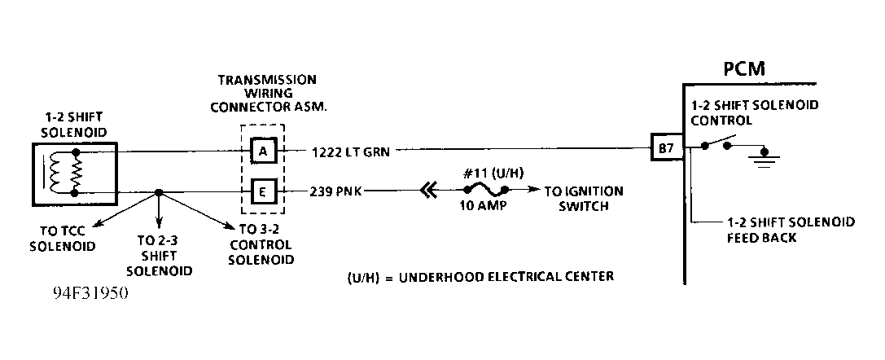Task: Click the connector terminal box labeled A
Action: (x=262, y=151)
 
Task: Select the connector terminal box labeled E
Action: (x=262, y=192)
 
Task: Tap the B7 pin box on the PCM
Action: (x=667, y=147)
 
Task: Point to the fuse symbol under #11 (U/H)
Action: (x=486, y=189)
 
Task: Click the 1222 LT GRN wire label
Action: (x=351, y=151)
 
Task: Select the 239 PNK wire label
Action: (x=335, y=191)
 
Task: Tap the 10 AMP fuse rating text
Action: (x=483, y=206)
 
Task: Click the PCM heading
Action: (x=745, y=69)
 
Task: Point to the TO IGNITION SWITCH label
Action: (x=584, y=198)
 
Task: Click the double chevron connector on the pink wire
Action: (x=429, y=192)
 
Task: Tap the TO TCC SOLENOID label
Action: (x=62, y=239)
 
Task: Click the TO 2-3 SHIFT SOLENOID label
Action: (x=159, y=256)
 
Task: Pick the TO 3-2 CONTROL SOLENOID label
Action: (x=263, y=244)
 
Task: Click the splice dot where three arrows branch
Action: (x=159, y=192)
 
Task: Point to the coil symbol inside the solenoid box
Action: (x=55, y=172)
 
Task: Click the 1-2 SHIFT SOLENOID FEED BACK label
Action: (x=791, y=230)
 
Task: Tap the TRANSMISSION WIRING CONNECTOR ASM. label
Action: (x=268, y=93)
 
